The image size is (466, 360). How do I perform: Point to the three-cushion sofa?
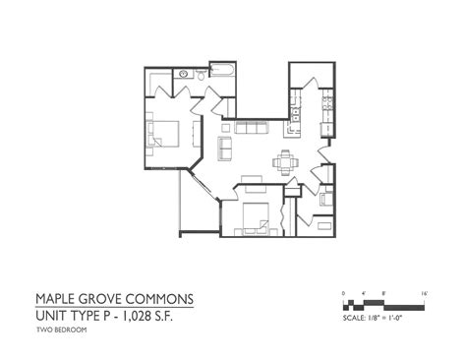[x=251, y=128]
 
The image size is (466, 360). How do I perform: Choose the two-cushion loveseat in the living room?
[x=225, y=147]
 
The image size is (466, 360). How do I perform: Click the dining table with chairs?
[x=286, y=161]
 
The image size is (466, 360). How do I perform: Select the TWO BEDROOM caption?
[x=61, y=330]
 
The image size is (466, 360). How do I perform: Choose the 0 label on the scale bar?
[x=343, y=293]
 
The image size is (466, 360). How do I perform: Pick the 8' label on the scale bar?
[x=382, y=293]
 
